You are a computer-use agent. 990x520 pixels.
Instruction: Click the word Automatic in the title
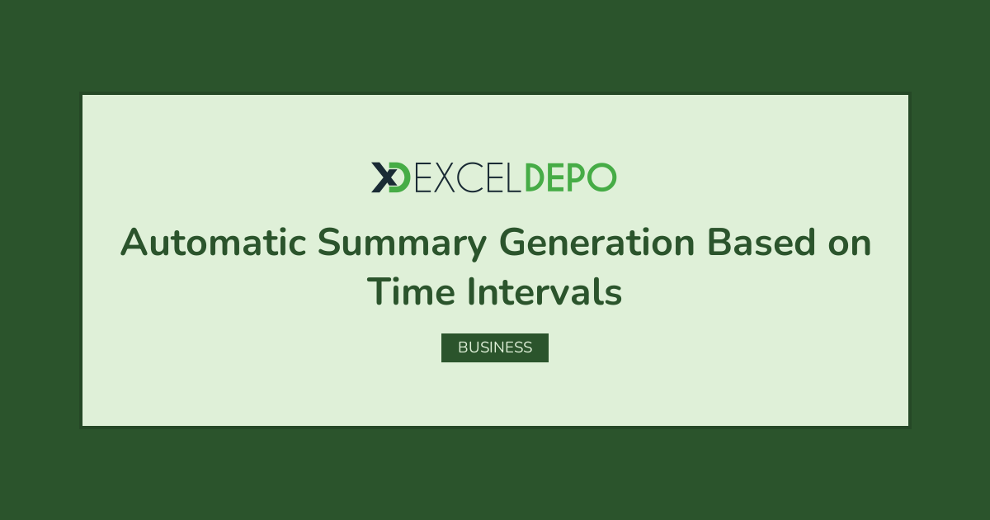[x=214, y=243]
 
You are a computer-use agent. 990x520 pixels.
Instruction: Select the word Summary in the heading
[x=403, y=243]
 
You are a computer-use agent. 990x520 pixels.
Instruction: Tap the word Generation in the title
[x=597, y=242]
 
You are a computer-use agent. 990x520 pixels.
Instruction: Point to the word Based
[x=761, y=242]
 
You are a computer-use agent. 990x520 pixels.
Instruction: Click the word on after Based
[x=850, y=245]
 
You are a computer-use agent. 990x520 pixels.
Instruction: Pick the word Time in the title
[x=411, y=291]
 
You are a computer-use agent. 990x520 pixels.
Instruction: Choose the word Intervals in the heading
[x=545, y=291]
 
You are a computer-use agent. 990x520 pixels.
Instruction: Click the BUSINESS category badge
[x=495, y=347]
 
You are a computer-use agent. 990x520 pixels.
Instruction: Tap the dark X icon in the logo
[x=384, y=177]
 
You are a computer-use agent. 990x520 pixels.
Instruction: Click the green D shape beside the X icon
[x=401, y=177]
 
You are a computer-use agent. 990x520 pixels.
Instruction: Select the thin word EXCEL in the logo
[x=468, y=177]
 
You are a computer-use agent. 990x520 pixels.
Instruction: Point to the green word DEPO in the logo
[x=571, y=177]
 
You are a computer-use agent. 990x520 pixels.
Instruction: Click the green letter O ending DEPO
[x=601, y=177]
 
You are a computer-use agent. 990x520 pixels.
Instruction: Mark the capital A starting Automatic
[x=134, y=242]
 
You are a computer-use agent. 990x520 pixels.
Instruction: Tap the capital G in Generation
[x=513, y=242]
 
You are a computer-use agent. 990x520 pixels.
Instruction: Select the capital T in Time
[x=379, y=291]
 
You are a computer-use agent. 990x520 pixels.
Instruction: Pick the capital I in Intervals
[x=471, y=291]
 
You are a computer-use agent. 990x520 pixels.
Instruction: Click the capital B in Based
[x=719, y=242]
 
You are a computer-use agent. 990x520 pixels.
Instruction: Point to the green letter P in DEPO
[x=576, y=177]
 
